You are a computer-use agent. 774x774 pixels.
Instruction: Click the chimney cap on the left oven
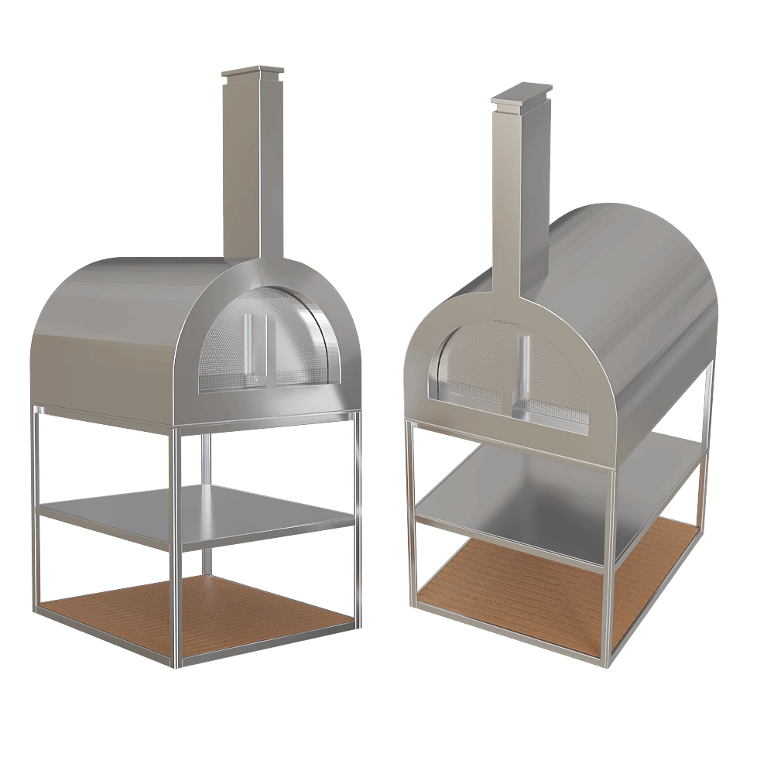pos(248,74)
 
